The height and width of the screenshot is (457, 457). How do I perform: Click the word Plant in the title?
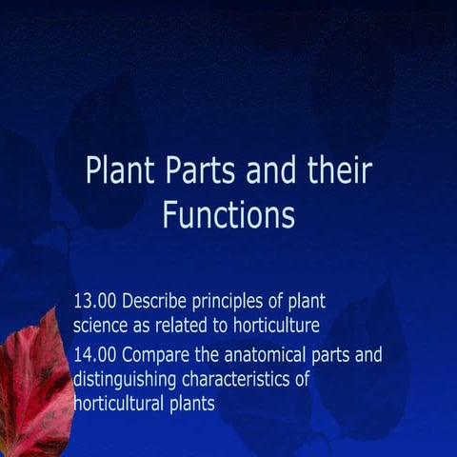[x=114, y=171]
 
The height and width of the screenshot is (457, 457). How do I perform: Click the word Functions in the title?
[x=228, y=214]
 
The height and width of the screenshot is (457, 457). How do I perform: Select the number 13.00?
[x=95, y=302]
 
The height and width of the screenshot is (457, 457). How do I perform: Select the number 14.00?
[x=95, y=357]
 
